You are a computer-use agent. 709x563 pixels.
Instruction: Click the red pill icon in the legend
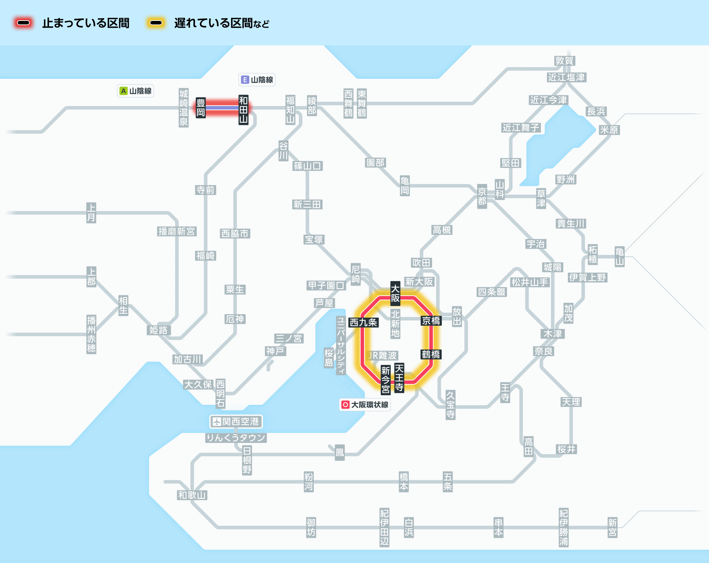[x=23, y=23]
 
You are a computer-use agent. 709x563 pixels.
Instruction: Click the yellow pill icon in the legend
[x=156, y=23]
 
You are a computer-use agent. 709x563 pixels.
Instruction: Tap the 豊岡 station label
[x=201, y=108]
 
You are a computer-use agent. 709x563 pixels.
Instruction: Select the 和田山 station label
[x=243, y=110]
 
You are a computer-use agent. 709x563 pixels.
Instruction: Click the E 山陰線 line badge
[x=257, y=80]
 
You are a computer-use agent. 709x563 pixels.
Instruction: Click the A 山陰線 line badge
[x=135, y=91]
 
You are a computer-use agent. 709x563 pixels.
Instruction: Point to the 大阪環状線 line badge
[x=365, y=405]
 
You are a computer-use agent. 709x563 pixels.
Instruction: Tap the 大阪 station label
[x=395, y=293]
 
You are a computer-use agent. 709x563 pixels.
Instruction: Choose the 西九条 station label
[x=363, y=322]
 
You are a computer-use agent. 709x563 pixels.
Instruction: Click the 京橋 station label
[x=431, y=320]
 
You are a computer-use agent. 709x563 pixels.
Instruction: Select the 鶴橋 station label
[x=431, y=354]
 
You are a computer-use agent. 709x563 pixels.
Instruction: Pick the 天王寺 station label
[x=399, y=378]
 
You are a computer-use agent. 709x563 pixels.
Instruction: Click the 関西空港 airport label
[x=236, y=422]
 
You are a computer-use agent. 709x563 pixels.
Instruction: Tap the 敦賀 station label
[x=564, y=61]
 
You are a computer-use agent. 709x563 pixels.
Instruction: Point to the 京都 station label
[x=482, y=196]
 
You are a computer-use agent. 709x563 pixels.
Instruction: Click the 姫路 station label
[x=158, y=330]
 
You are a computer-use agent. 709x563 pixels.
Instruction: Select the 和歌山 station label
[x=192, y=495]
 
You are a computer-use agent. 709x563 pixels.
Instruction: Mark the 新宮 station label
[x=613, y=528]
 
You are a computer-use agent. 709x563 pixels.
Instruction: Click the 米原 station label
[x=609, y=130]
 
